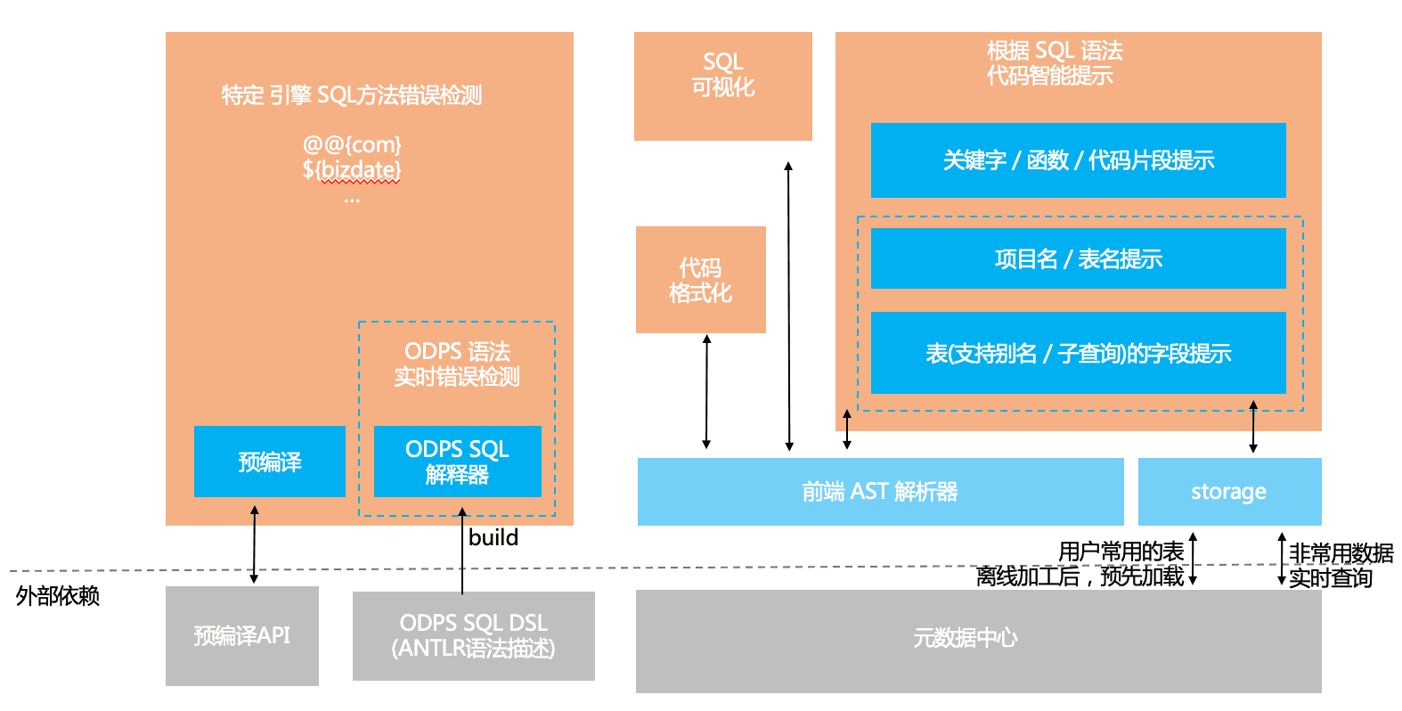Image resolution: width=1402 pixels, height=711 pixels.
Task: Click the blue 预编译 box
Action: [269, 462]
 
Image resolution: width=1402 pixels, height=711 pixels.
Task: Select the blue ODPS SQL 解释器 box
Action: [457, 462]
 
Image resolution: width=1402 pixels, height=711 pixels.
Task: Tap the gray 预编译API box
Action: [241, 635]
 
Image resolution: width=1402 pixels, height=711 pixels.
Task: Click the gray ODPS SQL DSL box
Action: [473, 635]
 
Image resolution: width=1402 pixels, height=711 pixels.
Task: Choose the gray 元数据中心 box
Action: [978, 641]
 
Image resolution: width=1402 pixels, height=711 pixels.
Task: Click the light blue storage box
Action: [1229, 492]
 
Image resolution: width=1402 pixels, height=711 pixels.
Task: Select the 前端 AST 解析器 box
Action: [880, 492]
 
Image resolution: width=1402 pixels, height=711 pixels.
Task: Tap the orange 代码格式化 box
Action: [700, 280]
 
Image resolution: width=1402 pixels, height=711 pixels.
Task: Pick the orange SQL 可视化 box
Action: [722, 86]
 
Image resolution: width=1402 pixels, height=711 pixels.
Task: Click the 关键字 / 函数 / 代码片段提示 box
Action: [1078, 160]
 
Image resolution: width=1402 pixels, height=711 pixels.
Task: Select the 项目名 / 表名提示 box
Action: [1078, 258]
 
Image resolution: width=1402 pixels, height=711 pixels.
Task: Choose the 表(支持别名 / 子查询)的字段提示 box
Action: [1078, 353]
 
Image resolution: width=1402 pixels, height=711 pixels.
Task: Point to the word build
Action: [493, 537]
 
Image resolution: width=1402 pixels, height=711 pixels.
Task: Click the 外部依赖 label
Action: [58, 595]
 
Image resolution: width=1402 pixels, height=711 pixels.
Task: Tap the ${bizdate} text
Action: [352, 169]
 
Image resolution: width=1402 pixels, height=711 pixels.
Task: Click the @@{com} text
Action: [352, 144]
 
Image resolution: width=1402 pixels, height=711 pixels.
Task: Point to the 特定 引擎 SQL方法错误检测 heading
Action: [352, 95]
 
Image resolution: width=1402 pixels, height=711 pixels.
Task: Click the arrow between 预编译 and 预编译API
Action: [255, 544]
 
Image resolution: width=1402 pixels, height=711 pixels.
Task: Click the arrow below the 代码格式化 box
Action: [706, 392]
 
